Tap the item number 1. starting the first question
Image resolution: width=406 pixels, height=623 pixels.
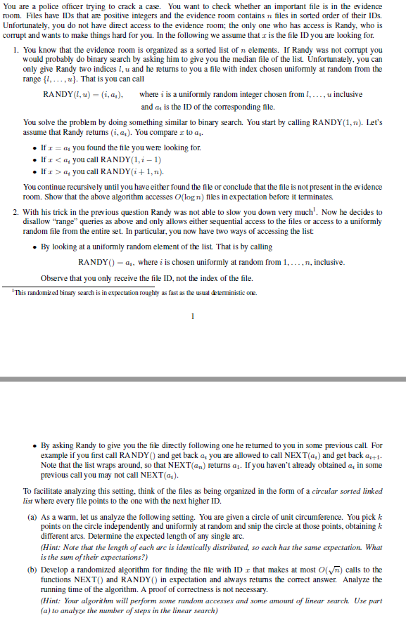(17, 51)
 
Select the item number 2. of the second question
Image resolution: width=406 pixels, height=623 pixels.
(17, 211)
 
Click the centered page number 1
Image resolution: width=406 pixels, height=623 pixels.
(191, 315)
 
